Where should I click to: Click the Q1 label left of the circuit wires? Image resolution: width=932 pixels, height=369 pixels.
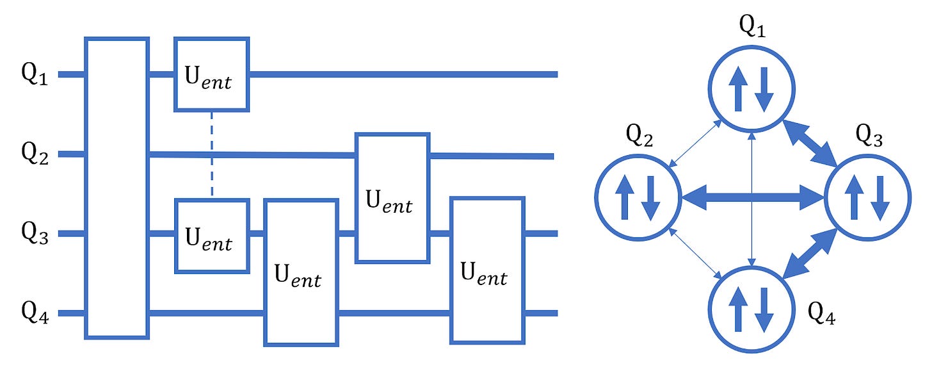pos(35,75)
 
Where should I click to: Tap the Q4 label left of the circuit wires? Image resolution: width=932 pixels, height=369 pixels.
pos(35,313)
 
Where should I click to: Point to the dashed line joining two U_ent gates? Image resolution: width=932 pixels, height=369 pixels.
pos(212,155)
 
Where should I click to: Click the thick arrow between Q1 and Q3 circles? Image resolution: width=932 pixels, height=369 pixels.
pos(810,143)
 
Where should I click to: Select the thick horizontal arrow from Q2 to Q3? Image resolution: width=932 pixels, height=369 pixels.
pos(753,197)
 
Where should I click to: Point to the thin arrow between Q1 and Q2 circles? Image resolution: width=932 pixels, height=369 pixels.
pos(695,143)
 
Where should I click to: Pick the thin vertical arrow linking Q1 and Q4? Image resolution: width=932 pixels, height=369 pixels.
pos(751,199)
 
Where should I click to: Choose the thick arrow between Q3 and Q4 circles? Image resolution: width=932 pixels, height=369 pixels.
pos(810,253)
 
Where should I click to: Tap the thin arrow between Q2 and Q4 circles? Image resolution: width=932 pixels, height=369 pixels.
pos(695,254)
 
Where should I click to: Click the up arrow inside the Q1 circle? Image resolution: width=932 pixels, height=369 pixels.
pos(738,89)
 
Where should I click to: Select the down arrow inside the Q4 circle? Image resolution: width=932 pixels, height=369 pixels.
pos(764,309)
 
